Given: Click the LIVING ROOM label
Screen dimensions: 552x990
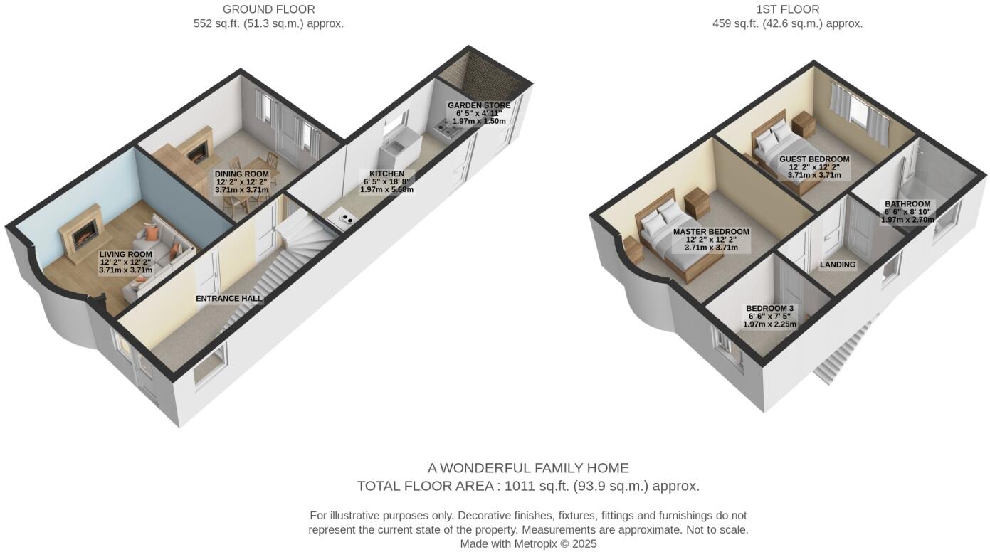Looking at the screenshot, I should tap(126, 254).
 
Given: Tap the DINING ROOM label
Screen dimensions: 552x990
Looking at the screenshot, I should tap(242, 174).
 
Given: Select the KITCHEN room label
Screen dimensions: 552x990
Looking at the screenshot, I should tap(386, 174).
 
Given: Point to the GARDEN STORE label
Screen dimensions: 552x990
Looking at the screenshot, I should tap(479, 105).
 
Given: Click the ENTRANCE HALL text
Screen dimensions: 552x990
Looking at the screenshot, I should tap(229, 299).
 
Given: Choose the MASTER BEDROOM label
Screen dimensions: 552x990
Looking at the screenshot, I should tap(711, 232).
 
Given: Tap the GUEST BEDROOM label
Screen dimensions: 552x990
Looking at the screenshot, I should tap(814, 159).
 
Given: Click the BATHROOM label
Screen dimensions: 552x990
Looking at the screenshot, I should tap(907, 204).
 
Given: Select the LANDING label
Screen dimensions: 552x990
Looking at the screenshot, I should tap(838, 265).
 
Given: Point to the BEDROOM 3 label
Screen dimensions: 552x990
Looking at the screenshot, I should tap(769, 309).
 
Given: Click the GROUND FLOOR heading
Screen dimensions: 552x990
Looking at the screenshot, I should tap(268, 9).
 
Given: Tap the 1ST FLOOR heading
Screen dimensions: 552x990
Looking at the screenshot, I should tap(787, 9).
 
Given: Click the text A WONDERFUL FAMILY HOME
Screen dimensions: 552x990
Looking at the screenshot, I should tap(528, 468).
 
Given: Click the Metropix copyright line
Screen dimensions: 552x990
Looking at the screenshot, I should tap(528, 543).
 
